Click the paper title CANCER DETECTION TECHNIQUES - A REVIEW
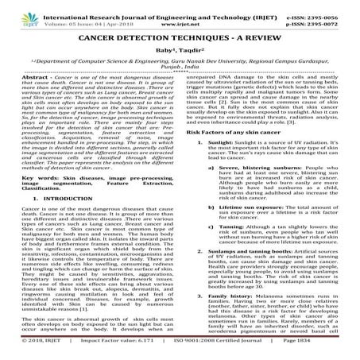click(x=180, y=37)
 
